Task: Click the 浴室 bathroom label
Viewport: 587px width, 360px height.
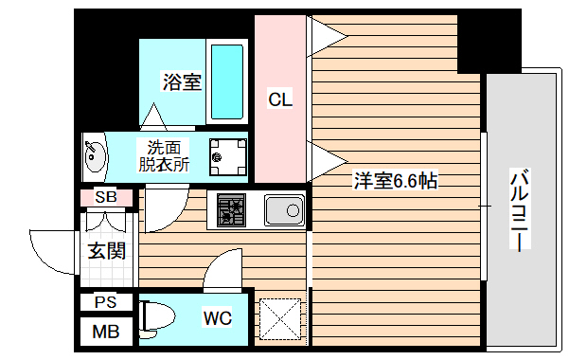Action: [181, 81]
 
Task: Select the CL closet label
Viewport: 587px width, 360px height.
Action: [279, 98]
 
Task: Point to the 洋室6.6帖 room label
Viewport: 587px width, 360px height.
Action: [396, 180]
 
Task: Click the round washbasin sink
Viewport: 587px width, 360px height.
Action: [95, 155]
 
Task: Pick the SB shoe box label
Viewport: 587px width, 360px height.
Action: [106, 198]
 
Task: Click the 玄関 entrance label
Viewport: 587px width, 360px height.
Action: [106, 251]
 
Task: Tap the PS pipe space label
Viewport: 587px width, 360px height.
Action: [106, 303]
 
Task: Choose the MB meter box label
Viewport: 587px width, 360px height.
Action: [106, 333]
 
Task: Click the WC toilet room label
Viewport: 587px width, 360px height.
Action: [217, 318]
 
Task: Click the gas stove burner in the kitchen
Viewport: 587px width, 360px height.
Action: [231, 208]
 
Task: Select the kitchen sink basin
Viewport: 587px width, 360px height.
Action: [283, 209]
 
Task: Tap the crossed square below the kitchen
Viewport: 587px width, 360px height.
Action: [280, 317]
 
